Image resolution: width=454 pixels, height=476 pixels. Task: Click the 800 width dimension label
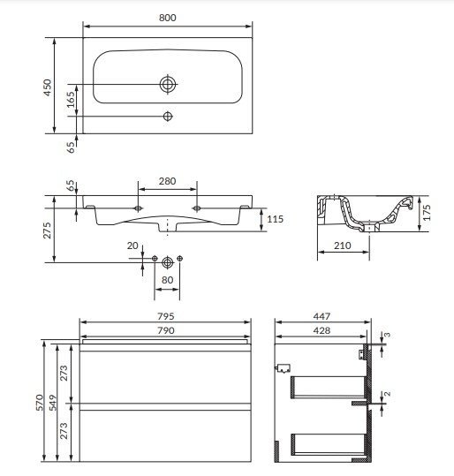167,18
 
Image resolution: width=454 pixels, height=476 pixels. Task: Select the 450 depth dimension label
48,87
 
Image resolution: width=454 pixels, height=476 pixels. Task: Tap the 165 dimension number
71,100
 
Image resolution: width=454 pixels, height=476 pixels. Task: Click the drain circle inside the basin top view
168,84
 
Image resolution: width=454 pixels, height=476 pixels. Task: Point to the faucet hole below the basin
168,116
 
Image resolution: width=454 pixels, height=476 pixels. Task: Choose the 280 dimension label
167,181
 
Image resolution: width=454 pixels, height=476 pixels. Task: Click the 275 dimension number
47,230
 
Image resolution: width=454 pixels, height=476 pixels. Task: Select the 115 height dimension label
275,219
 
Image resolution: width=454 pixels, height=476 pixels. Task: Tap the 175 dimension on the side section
427,213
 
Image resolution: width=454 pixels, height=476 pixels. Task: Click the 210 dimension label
343,246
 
